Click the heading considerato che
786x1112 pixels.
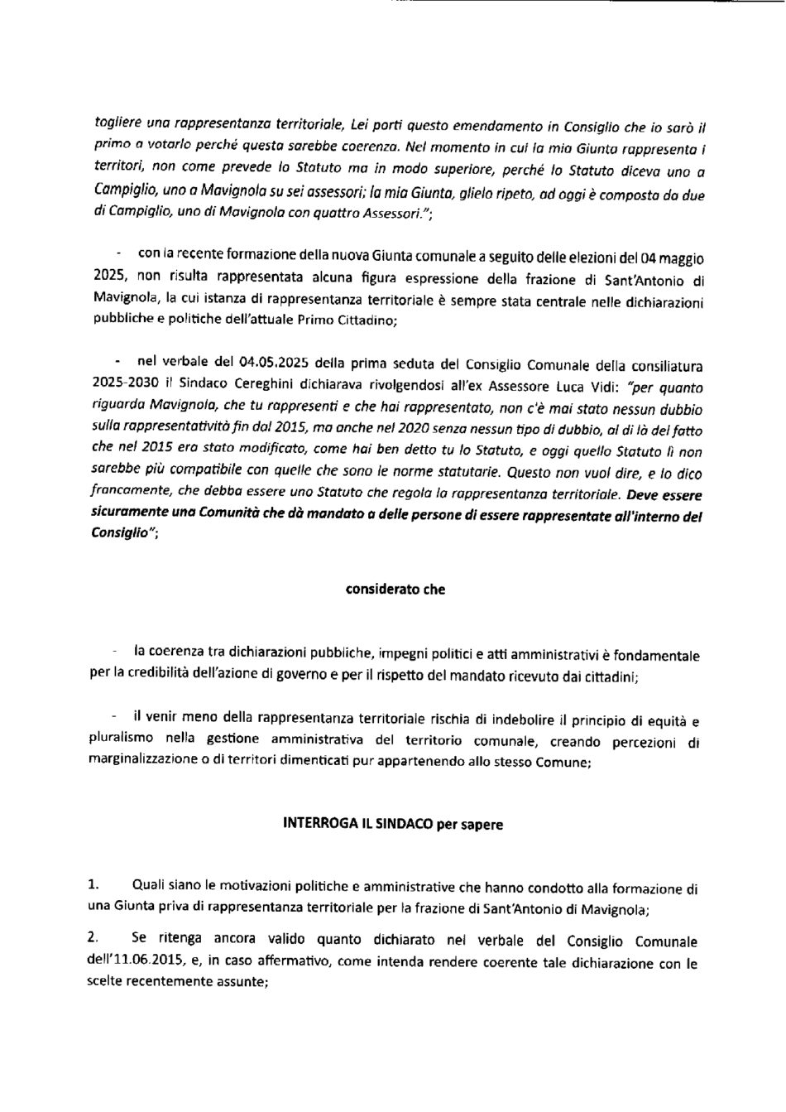click(394, 590)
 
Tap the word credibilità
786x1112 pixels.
click(181, 675)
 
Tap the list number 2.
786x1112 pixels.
click(94, 939)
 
